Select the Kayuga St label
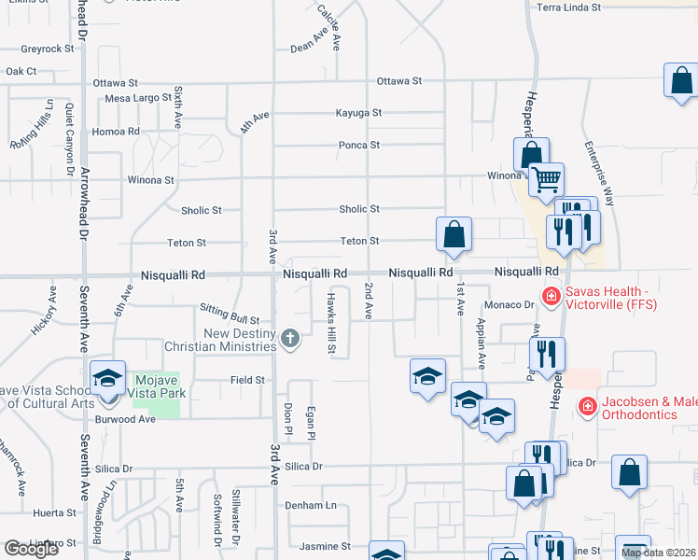pos(359,113)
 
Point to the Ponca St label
pos(359,145)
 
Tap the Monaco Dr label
pos(509,305)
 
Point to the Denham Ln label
pos(311,505)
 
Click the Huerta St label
pos(54,513)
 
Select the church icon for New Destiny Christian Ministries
pos(290,338)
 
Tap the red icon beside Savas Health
pos(551,297)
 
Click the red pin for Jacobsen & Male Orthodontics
pos(587,406)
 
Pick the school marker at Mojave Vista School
pos(108,379)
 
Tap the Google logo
pos(32,549)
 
